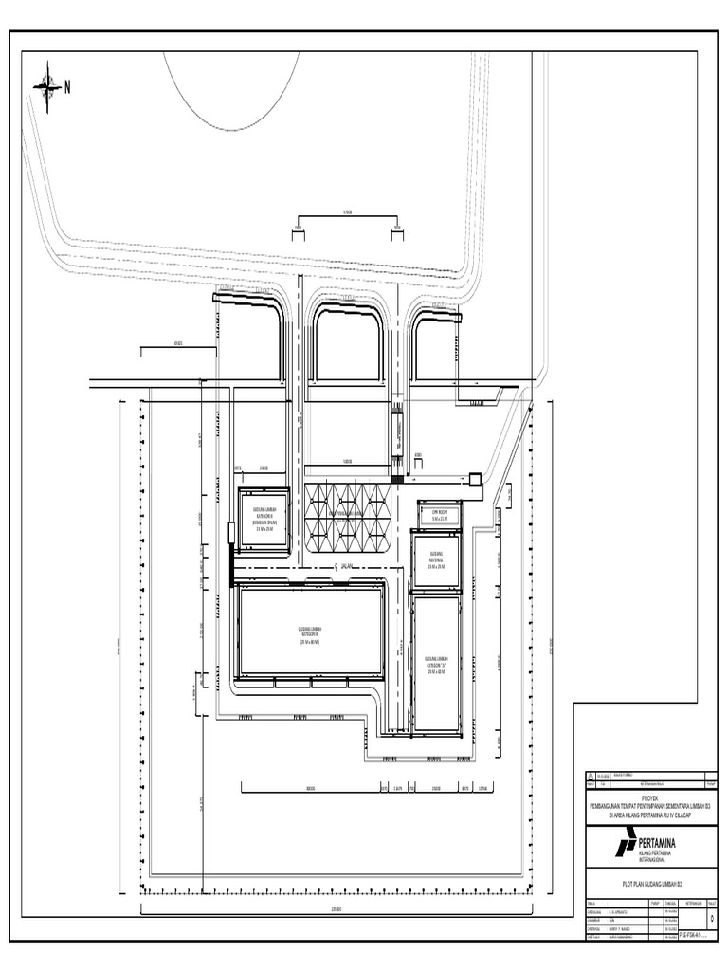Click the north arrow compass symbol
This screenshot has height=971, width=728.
point(46,86)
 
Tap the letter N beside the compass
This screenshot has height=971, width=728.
point(67,87)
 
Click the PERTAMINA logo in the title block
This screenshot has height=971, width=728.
point(626,841)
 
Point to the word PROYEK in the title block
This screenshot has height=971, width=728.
point(647,798)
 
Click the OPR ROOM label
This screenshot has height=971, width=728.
point(439,513)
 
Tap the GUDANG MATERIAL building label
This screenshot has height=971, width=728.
point(437,559)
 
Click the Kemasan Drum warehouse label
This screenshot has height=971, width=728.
point(264,517)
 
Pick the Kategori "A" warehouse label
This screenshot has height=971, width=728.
point(437,664)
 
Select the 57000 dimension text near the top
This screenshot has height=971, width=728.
point(347,213)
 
